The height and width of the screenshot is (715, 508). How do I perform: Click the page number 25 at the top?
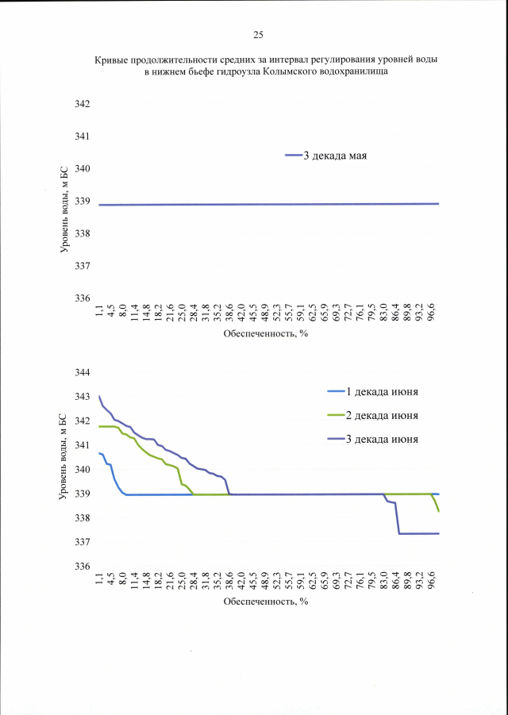click(x=258, y=35)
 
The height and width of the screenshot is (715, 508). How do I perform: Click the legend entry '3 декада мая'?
click(x=334, y=156)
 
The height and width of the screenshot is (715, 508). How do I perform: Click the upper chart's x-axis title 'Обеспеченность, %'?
click(x=265, y=333)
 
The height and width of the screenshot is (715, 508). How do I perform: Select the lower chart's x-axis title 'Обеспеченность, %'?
click(x=265, y=602)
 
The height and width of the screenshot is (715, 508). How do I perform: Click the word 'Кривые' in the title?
click(x=112, y=60)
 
